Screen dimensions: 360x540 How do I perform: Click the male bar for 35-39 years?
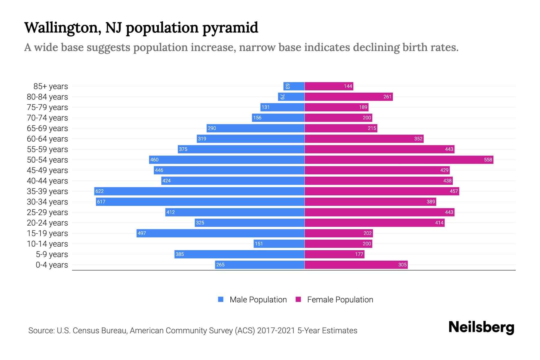[199, 191]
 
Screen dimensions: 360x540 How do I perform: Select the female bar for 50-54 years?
[399, 160]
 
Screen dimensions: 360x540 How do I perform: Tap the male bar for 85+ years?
[294, 86]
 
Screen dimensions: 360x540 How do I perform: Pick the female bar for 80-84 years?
[349, 97]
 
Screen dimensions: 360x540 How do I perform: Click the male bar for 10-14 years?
[279, 244]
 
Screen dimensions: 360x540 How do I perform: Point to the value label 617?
[101, 202]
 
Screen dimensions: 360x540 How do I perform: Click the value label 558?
[488, 160]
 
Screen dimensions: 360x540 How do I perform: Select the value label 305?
[402, 265]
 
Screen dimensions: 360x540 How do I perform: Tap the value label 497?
[142, 233]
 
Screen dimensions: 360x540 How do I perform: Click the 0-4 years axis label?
[52, 265]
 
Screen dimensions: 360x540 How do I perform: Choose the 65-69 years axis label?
[47, 128]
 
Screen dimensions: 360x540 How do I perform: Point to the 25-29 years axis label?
[47, 212]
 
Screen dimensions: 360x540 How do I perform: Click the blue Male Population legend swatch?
[221, 299]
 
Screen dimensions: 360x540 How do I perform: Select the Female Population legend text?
[340, 299]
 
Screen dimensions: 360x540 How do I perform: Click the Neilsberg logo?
[481, 327]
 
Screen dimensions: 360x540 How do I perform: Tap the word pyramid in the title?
[230, 28]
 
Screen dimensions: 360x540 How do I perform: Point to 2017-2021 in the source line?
[276, 331]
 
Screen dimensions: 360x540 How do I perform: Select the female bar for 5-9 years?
[334, 254]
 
